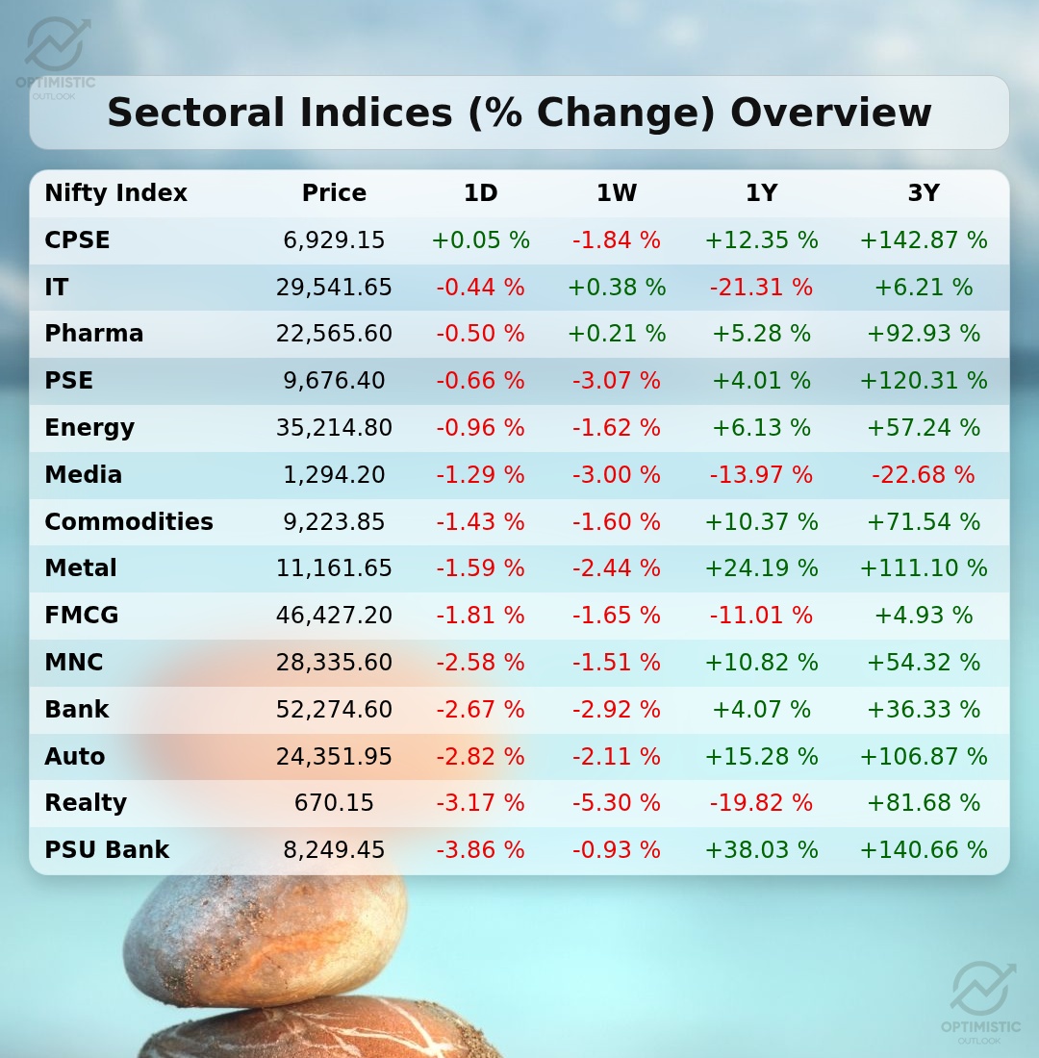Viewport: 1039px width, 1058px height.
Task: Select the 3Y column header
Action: coord(923,193)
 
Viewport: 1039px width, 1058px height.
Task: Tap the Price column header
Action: coord(334,193)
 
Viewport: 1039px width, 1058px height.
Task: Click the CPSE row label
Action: coord(77,240)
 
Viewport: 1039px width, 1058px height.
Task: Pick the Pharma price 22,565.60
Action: coord(334,334)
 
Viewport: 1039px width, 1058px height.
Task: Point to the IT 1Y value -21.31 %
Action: coord(761,288)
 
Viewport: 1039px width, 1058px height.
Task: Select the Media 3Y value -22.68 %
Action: coord(923,475)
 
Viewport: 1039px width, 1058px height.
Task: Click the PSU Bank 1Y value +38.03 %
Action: coord(761,850)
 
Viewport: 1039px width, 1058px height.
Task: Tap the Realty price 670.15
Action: coord(334,803)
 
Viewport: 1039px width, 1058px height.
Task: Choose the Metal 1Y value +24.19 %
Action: coord(761,568)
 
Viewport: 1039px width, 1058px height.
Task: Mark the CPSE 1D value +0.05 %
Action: coord(480,240)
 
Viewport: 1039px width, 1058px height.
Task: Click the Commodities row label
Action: coord(129,522)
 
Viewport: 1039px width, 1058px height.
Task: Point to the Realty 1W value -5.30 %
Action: coord(617,803)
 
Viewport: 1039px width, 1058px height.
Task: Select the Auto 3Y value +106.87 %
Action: coord(923,757)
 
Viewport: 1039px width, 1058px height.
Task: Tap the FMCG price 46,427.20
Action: coord(334,616)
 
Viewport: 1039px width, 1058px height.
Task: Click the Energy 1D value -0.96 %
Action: coord(480,428)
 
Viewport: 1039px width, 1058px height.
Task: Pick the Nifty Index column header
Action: coord(115,193)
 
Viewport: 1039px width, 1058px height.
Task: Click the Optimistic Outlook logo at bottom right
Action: coord(981,1000)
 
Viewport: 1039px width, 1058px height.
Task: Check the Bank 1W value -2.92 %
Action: coord(617,710)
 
